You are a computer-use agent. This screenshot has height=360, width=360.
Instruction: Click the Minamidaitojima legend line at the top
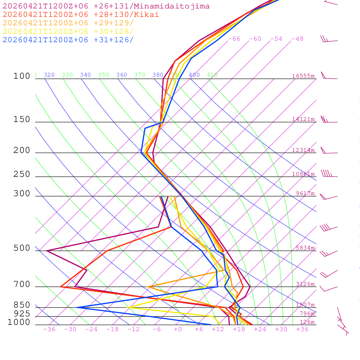pyautogui.click(x=106, y=6)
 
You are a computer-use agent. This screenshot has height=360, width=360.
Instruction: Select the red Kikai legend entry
pyautogui.click(x=81, y=15)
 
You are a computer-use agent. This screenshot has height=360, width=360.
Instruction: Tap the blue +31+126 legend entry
pyautogui.click(x=68, y=40)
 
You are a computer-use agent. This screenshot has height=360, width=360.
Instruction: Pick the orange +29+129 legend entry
pyautogui.click(x=68, y=23)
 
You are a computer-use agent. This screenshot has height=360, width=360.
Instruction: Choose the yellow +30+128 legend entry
pyautogui.click(x=68, y=31)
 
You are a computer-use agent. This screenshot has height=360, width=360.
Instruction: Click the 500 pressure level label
pyautogui.click(x=22, y=248)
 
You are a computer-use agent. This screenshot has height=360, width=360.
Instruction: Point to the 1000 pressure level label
pyautogui.click(x=19, y=322)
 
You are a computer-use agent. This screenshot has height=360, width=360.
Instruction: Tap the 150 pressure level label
pyautogui.click(x=22, y=120)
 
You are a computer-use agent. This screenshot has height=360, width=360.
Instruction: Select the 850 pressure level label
pyautogui.click(x=22, y=305)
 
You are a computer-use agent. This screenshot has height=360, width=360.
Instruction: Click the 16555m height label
pyautogui.click(x=303, y=76)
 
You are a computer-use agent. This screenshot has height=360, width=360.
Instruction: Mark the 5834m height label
pyautogui.click(x=305, y=248)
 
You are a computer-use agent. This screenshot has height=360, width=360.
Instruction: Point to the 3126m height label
pyautogui.click(x=305, y=284)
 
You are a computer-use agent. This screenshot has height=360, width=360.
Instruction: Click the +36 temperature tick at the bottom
pyautogui.click(x=302, y=329)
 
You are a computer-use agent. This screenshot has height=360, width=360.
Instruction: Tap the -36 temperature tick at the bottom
pyautogui.click(x=49, y=329)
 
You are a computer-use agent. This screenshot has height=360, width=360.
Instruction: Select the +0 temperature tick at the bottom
pyautogui.click(x=178, y=329)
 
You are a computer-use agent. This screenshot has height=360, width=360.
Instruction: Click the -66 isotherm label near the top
pyautogui.click(x=234, y=39)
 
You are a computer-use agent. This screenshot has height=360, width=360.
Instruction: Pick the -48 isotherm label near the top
pyautogui.click(x=297, y=39)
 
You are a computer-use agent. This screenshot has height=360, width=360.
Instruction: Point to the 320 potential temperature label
pyautogui.click(x=49, y=75)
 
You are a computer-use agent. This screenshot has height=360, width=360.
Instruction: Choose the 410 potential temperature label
pyautogui.click(x=212, y=75)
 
